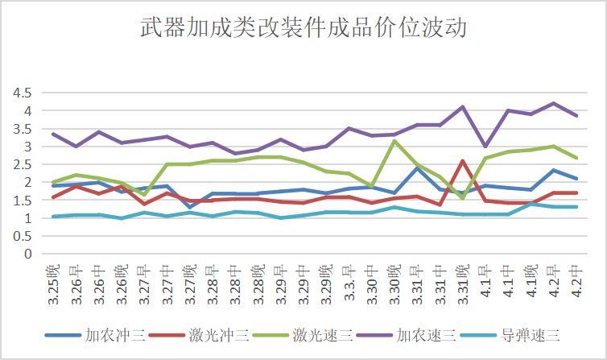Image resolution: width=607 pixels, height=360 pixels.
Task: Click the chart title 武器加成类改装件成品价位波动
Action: [303, 27]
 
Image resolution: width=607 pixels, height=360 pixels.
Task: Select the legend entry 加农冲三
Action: [95, 335]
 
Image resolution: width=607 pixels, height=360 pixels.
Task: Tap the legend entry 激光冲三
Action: [199, 335]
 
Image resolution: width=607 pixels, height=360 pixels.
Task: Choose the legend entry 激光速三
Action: [303, 335]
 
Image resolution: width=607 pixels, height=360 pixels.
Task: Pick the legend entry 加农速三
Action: [407, 335]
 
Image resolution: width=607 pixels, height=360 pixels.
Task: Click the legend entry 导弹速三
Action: [510, 335]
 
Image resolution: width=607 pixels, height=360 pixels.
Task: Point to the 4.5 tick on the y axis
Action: [22, 93]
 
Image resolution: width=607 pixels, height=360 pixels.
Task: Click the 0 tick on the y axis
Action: [28, 254]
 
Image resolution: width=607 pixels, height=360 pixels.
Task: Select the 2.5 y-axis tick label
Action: [22, 164]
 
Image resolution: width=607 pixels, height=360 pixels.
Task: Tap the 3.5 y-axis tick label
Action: [22, 129]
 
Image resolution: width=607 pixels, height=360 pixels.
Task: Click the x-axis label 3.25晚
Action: [53, 284]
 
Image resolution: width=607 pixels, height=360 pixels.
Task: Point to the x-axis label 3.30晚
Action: [394, 284]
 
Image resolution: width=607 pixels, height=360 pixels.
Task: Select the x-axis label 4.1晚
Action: [531, 281]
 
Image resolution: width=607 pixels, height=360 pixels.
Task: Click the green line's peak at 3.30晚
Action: [394, 141]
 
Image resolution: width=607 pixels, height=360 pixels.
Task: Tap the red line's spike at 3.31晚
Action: [463, 160]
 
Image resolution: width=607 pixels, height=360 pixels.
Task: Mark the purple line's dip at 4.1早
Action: [485, 146]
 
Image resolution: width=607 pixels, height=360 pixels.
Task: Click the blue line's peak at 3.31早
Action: [417, 168]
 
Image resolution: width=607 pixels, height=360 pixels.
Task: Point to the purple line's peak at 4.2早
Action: [554, 103]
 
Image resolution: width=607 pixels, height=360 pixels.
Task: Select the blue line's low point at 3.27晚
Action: [190, 207]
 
